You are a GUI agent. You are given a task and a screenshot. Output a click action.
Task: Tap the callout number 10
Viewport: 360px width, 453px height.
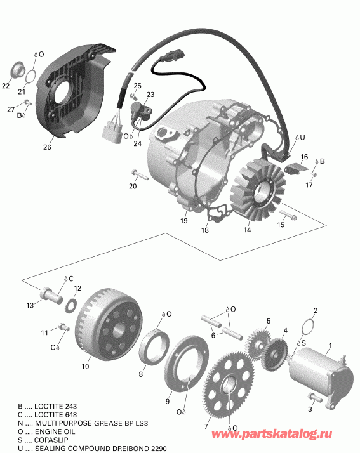[x=85, y=366]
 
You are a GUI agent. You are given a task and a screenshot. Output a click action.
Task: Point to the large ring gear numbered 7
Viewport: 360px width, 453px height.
[x=228, y=386]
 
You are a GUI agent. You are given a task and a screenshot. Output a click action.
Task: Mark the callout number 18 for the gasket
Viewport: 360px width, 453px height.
[x=205, y=231]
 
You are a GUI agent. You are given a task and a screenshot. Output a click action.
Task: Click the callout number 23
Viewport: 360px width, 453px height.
[x=150, y=95]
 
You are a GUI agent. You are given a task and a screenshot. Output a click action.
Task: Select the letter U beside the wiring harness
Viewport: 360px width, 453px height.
[x=302, y=137]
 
